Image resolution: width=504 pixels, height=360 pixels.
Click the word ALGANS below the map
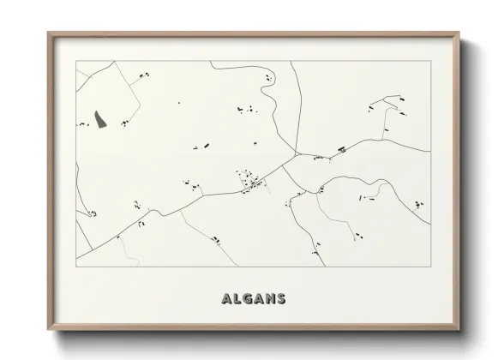click(x=254, y=299)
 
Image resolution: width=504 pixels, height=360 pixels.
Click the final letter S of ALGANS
click(x=280, y=299)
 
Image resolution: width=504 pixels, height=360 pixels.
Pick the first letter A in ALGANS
click(x=227, y=299)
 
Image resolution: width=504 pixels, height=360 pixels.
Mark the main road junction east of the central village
click(x=296, y=156)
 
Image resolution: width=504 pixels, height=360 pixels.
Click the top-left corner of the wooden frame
click(x=48, y=33)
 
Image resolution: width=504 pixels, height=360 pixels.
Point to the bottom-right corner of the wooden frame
click(x=459, y=328)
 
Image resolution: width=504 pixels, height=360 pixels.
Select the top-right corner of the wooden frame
click(x=459, y=33)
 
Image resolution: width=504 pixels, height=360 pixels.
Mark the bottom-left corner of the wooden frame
click(x=48, y=328)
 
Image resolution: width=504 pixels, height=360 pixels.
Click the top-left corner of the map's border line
click(x=76, y=62)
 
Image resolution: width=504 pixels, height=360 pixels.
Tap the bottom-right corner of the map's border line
click(x=429, y=267)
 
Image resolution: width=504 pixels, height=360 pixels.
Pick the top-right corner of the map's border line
click(x=429, y=62)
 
